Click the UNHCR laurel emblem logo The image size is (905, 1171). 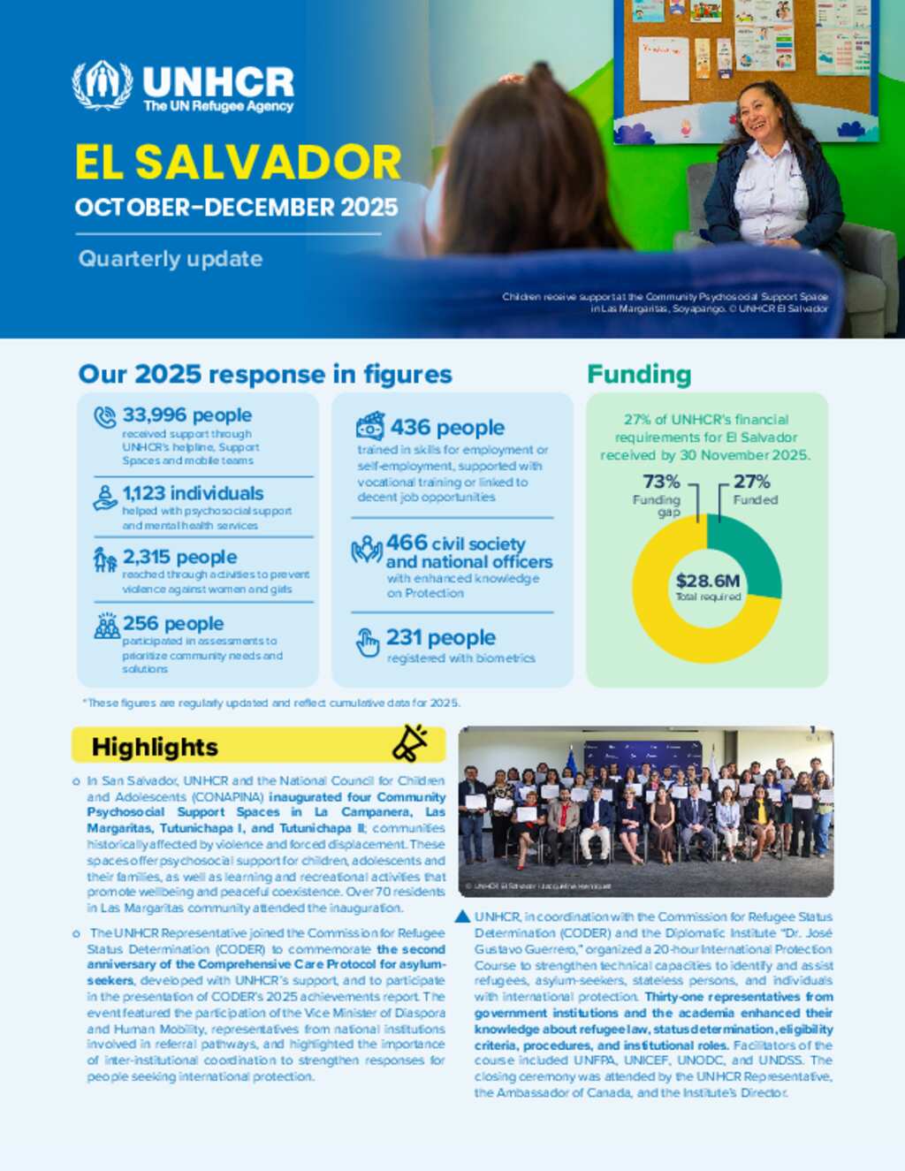point(103,85)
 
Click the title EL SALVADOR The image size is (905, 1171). point(238,163)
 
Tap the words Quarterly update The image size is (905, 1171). point(171,259)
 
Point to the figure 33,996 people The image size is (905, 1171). point(186,415)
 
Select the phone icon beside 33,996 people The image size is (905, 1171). point(105,417)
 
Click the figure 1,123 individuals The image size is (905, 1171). point(193,493)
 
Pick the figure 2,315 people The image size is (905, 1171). point(179,557)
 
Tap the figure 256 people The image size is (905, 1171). point(173,624)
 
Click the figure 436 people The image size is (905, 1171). point(447,428)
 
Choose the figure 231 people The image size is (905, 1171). point(440,638)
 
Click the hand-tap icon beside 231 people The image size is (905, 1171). point(367,643)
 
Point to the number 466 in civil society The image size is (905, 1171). point(407,543)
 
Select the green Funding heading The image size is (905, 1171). point(639,375)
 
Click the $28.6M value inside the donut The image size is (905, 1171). point(707,581)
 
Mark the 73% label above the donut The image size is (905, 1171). point(661,482)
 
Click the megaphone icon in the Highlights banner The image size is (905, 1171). point(409,743)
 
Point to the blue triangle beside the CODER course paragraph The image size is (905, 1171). point(462,916)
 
